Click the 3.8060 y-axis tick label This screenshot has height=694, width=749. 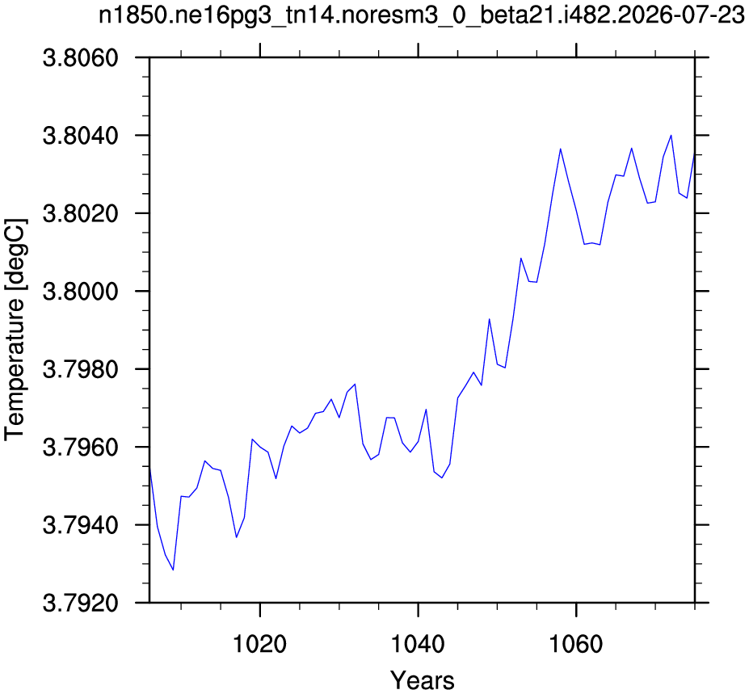[80, 58]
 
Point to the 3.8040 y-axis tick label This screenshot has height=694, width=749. [80, 136]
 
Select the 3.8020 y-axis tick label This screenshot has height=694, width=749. [80, 214]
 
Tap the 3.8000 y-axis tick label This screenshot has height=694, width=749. [80, 292]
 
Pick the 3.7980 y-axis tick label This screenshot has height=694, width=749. [80, 370]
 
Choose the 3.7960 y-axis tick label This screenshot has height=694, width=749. [80, 448]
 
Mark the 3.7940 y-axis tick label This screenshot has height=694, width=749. [80, 525]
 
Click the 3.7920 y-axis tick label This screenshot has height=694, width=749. [80, 604]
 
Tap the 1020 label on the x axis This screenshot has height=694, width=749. [259, 645]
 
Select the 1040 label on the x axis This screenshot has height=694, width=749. [418, 645]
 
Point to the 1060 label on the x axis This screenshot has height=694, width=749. [575, 645]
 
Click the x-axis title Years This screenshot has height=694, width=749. [423, 679]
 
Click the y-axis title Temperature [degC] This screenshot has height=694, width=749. [15, 330]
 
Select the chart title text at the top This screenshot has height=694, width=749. [422, 15]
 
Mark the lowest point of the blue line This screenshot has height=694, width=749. [173, 570]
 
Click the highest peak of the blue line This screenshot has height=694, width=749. [671, 135]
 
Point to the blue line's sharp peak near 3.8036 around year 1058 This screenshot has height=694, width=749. [560, 149]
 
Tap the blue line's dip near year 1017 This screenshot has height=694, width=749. [236, 537]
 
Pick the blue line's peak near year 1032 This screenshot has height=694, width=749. [355, 384]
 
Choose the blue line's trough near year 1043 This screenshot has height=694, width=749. [442, 477]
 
